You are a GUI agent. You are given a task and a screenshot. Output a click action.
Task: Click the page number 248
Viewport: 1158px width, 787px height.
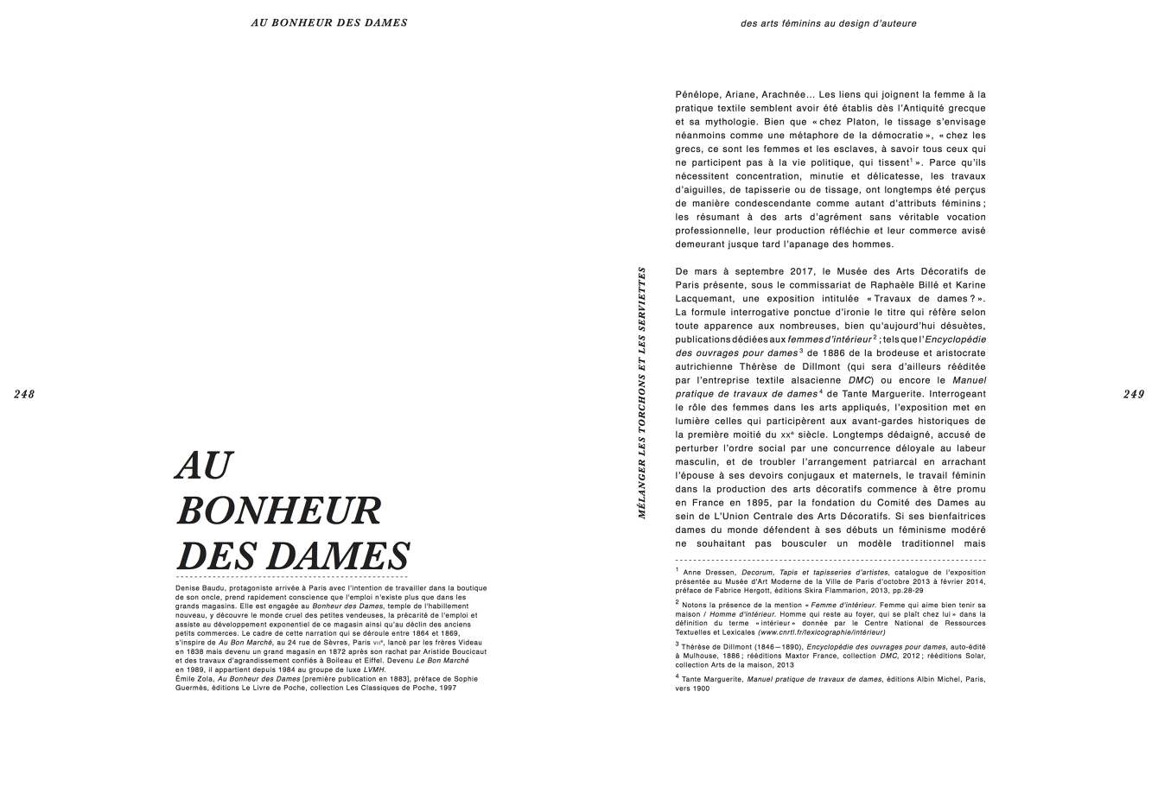24,394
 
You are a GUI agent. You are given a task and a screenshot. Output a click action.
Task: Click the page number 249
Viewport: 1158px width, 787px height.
1134,394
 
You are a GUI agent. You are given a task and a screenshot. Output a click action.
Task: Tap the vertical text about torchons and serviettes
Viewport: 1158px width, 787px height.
642,392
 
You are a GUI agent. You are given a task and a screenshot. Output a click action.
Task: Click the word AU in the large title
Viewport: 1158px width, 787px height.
204,466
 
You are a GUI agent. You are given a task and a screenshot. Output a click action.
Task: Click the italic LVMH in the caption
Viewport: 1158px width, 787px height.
373,670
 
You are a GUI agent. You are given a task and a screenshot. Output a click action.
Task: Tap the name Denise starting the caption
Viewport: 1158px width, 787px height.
188,587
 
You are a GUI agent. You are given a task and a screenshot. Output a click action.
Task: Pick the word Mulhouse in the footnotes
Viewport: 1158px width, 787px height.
706,656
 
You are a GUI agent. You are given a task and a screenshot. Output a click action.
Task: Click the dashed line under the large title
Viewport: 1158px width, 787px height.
291,576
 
